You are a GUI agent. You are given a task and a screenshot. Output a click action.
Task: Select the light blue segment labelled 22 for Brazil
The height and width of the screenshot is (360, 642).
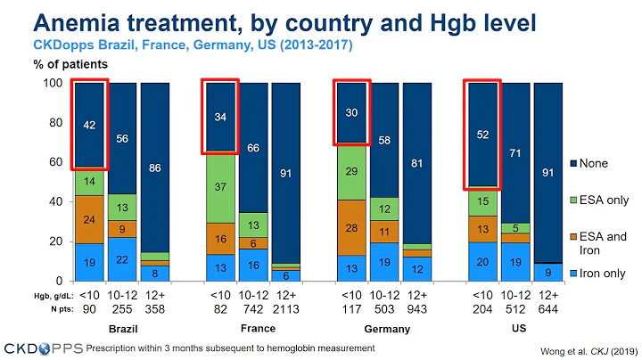coord(123,259)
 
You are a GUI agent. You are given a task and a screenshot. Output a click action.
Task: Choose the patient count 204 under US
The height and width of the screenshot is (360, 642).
coord(482,308)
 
